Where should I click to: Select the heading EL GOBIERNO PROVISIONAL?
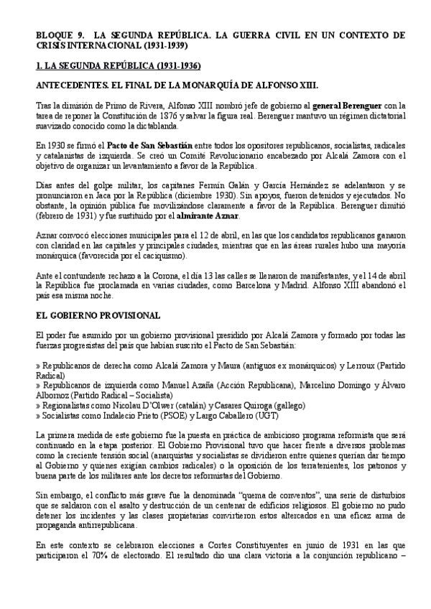pyautogui.click(x=98, y=315)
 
